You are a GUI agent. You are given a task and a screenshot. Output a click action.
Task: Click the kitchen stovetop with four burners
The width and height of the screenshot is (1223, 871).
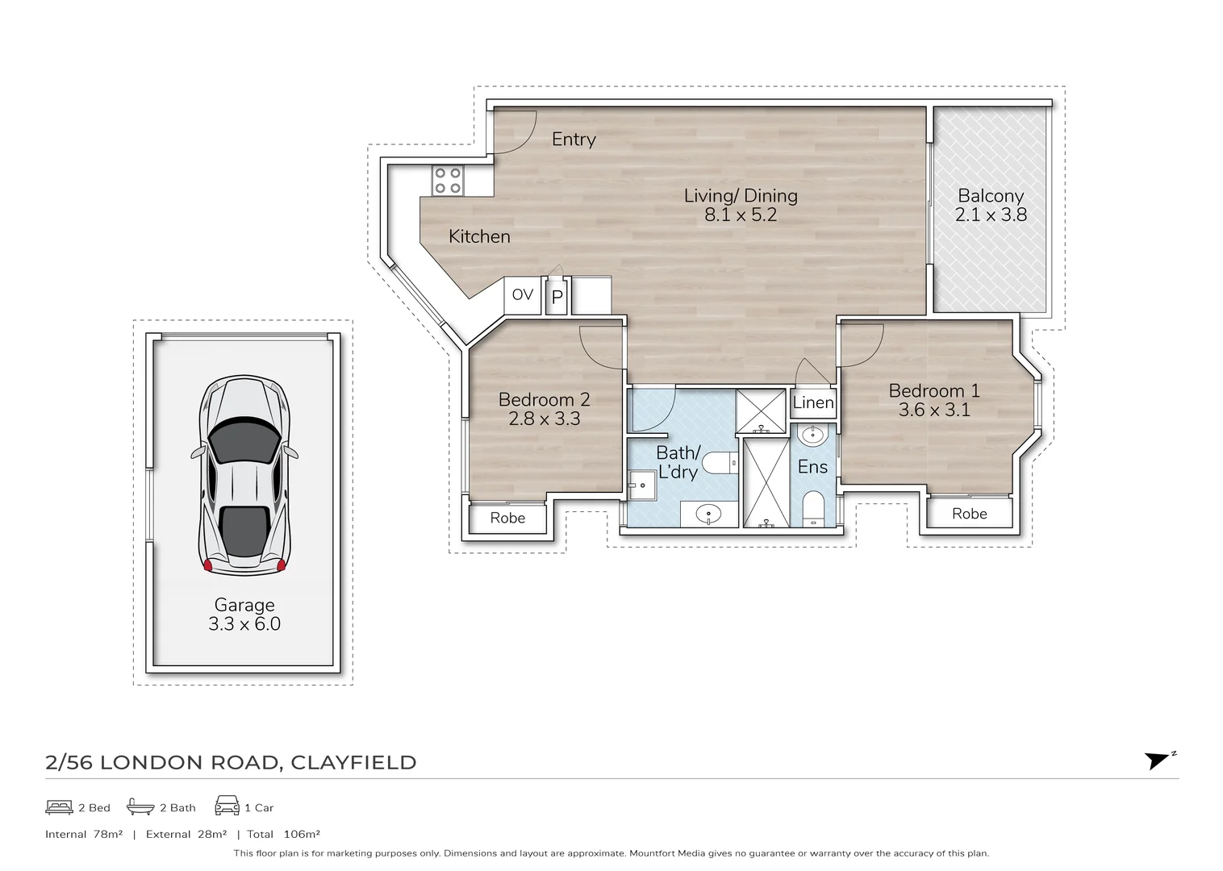coord(447,180)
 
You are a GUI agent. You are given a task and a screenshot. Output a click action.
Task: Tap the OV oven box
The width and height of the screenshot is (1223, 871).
coord(523,295)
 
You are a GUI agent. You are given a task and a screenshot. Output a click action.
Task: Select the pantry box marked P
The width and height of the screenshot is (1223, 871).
coord(557,297)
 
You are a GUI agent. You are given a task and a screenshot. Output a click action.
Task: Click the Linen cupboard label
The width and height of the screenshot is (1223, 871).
coord(813,402)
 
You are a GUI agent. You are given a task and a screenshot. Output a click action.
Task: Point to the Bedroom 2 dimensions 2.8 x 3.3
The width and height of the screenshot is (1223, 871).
coord(544,419)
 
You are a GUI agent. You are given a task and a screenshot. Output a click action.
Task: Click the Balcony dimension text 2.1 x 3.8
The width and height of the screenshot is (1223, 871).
coord(991,215)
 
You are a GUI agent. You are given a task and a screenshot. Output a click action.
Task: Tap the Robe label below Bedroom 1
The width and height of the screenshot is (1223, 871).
coord(969,514)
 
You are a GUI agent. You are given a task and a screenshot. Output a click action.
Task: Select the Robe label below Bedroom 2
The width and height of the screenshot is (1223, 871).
coord(507,518)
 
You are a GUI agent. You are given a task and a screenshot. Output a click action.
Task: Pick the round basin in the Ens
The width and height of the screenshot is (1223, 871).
coord(811,436)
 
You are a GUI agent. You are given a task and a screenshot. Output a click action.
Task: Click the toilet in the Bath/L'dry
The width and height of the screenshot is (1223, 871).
coord(719,462)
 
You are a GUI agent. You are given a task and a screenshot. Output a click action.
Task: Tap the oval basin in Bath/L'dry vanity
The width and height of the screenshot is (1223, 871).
coord(708,514)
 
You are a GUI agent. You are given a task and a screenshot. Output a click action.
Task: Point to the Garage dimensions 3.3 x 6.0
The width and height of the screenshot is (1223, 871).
coord(244,624)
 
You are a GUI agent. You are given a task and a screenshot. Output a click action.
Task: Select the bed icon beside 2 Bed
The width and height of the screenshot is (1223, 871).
coord(59,807)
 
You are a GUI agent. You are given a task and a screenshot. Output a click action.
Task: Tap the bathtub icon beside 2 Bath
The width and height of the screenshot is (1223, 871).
coord(140,807)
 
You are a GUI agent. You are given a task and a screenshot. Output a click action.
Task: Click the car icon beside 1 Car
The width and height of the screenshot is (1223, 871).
coord(227,806)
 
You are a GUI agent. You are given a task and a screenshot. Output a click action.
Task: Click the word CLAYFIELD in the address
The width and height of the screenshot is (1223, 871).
coord(353,763)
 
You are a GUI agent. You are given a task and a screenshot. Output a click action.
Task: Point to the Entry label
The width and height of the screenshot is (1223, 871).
coord(574,140)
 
